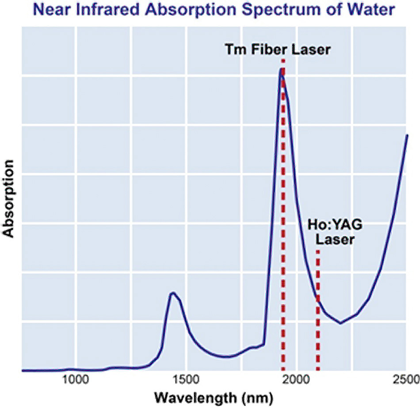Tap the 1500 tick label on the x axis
click(x=186, y=379)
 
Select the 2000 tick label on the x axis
click(x=296, y=379)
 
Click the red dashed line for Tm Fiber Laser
click(x=283, y=221)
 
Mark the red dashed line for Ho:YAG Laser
click(x=318, y=336)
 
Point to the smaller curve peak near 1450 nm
click(x=173, y=292)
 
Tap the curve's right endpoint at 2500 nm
click(x=407, y=135)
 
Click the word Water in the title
click(x=374, y=9)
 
